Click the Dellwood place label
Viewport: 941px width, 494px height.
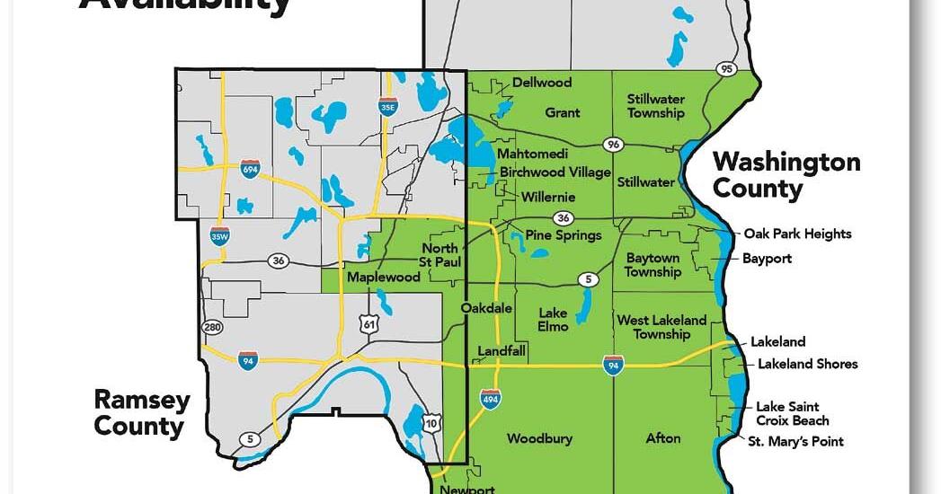[x=542, y=83]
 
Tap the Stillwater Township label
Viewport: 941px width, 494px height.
[x=656, y=106]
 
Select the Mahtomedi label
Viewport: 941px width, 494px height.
[x=533, y=154]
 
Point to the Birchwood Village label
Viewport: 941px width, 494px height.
[x=555, y=172]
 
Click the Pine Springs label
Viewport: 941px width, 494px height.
[x=564, y=235]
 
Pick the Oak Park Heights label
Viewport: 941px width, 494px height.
[x=797, y=234]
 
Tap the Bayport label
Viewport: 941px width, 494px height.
[x=768, y=259]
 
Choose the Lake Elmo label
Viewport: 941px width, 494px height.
[x=554, y=320]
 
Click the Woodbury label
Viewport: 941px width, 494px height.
[x=539, y=439]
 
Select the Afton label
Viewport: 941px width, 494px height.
[x=663, y=439]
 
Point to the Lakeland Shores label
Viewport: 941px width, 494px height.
[x=807, y=364]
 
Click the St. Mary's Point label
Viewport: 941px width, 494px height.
[x=796, y=442]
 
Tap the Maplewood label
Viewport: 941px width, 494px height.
[x=384, y=278]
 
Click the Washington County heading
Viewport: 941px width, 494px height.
[x=786, y=175]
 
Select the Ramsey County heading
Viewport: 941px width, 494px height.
[x=142, y=413]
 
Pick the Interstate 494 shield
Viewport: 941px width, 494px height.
[x=490, y=398]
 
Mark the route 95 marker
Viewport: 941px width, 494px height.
[x=725, y=69]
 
